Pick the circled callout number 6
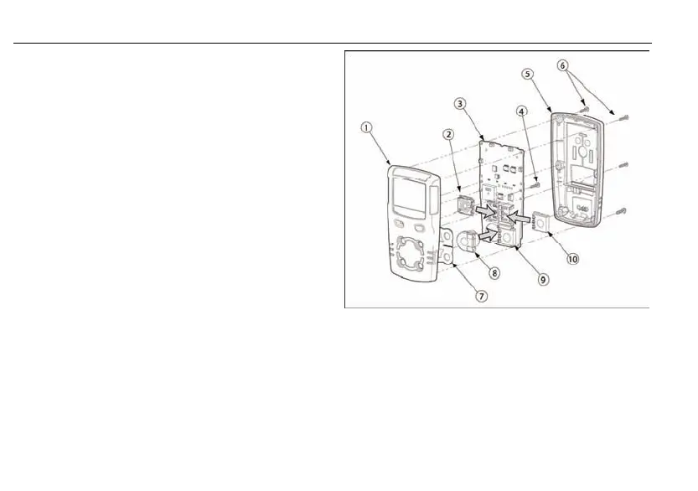point(562,65)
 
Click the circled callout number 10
point(573,259)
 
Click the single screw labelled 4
point(535,179)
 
